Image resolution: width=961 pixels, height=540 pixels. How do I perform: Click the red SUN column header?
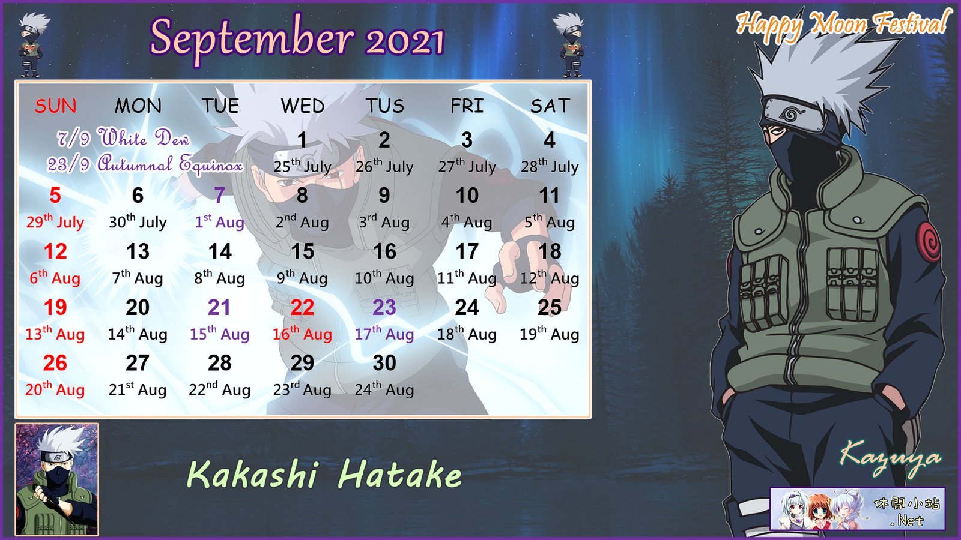tap(55, 106)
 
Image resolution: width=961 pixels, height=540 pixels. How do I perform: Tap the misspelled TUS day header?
tap(385, 106)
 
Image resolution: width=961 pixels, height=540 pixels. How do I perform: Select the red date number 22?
tap(303, 307)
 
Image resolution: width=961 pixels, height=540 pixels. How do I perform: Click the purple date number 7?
tap(220, 196)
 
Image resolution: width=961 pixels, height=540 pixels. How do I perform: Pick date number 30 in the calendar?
tap(384, 363)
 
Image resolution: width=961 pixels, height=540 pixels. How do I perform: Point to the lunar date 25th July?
tap(303, 166)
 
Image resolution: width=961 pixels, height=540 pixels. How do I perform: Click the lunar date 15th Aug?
tap(220, 334)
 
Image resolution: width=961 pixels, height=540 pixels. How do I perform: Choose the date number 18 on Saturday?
tap(550, 251)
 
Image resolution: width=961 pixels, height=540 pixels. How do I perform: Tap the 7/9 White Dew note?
tap(123, 138)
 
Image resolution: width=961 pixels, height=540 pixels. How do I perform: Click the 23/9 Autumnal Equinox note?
tap(145, 164)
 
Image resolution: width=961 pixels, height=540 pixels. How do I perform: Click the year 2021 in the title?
tap(405, 42)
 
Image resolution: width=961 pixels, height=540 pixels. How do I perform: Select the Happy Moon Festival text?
tap(841, 25)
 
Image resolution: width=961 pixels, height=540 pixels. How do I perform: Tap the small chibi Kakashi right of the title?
tap(570, 44)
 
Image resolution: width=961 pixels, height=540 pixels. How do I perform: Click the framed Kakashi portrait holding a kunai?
tap(56, 479)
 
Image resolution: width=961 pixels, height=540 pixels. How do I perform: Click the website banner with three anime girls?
tap(857, 509)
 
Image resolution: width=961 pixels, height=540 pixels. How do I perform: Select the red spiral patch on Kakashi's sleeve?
tap(929, 242)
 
